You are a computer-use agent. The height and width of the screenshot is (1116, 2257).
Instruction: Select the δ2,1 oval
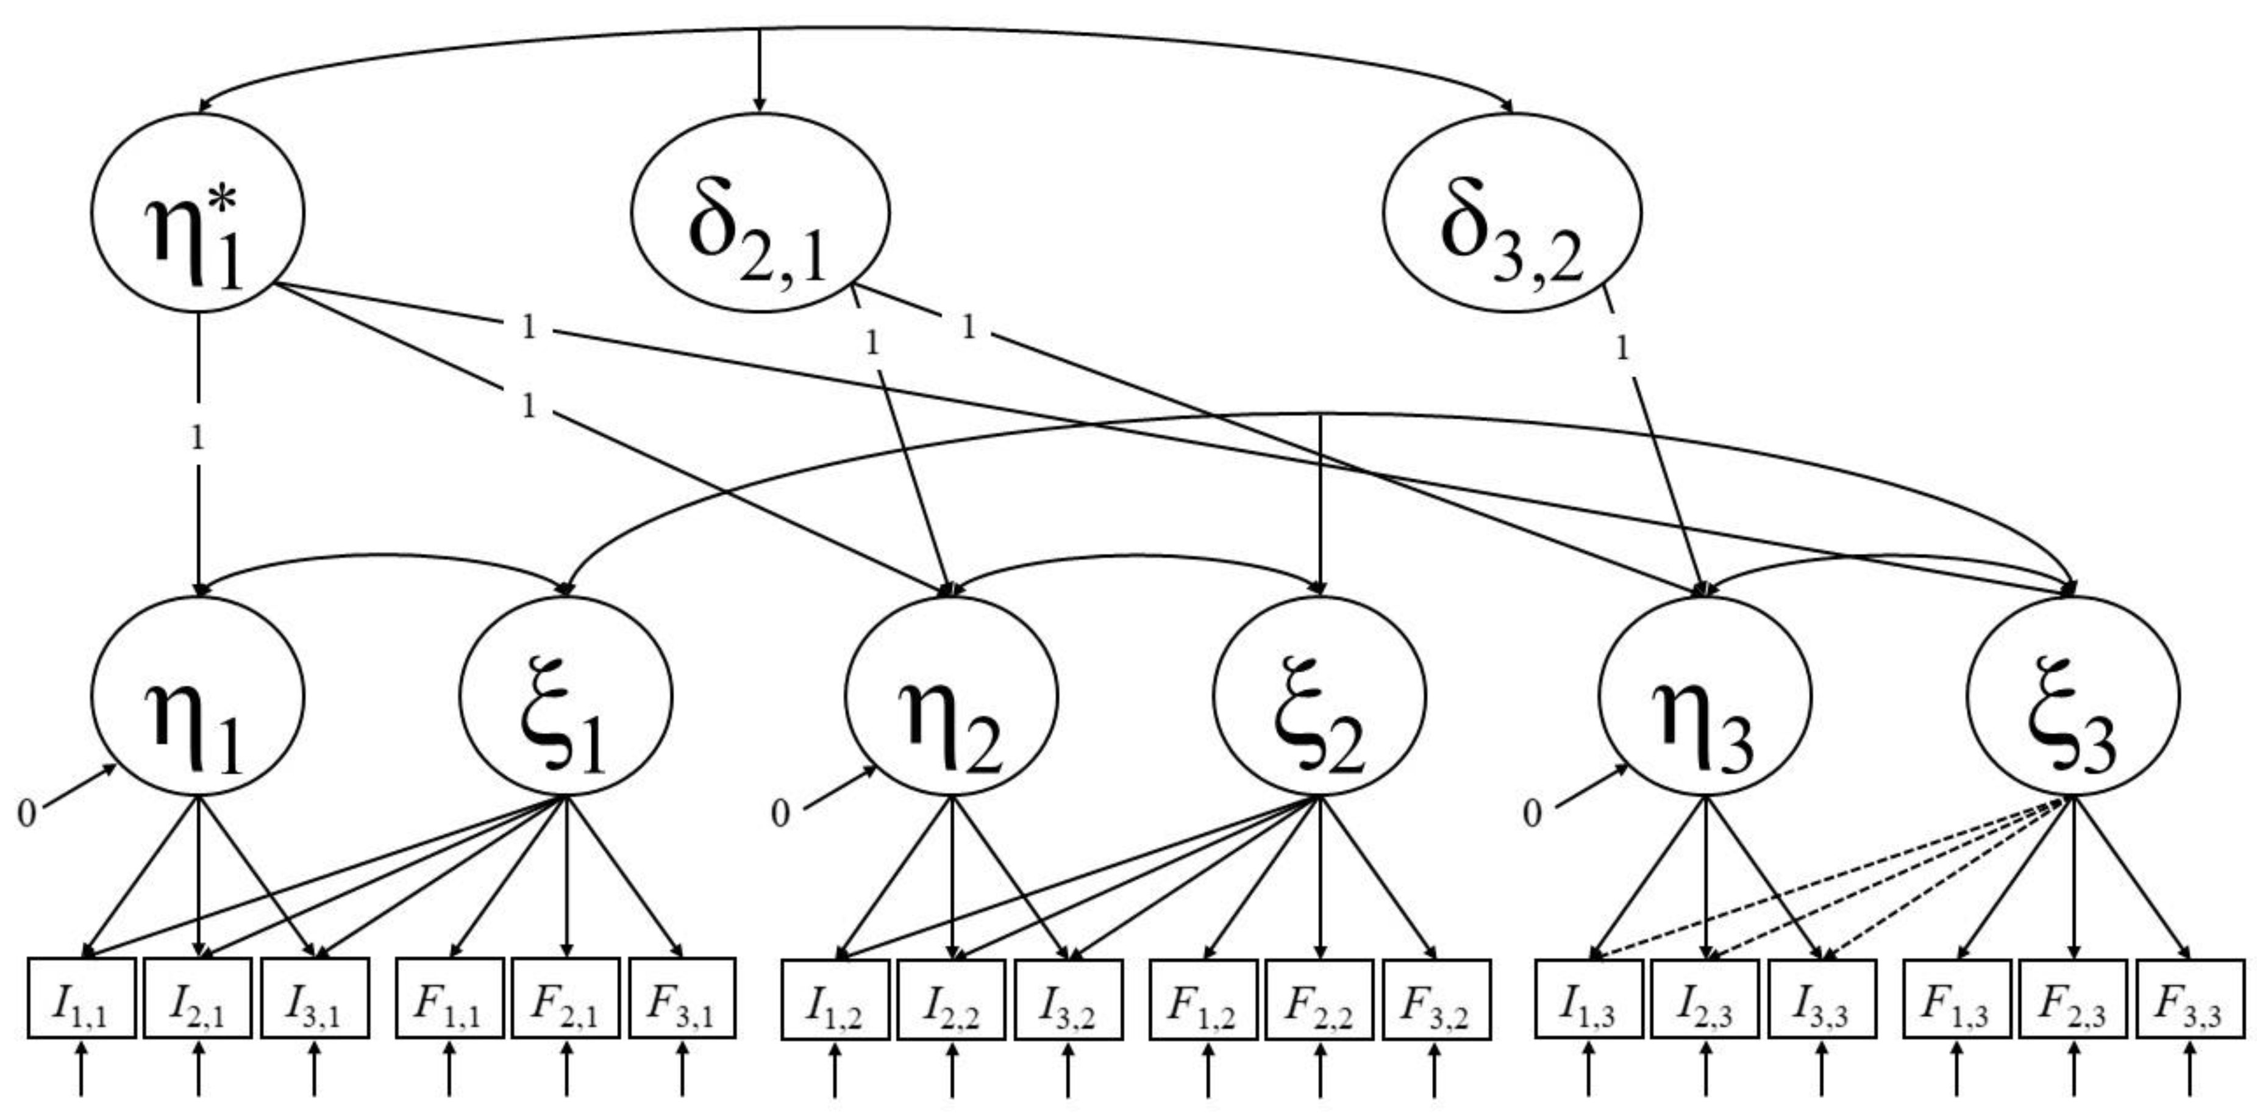[760, 213]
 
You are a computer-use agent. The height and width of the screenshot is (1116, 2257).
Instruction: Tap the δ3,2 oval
[1512, 213]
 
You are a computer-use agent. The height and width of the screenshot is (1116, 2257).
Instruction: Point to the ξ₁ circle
[566, 697]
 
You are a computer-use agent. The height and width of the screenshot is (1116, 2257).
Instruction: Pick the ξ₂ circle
[1319, 697]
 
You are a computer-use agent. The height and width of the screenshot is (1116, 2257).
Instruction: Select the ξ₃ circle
[2073, 697]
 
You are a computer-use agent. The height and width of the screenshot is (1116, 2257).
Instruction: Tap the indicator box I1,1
[82, 998]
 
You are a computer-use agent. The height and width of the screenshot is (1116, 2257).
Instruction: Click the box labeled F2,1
[566, 998]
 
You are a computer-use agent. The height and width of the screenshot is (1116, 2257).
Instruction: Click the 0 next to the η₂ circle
[780, 814]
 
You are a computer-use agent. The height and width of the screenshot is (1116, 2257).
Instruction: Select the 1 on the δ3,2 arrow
[1622, 349]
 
